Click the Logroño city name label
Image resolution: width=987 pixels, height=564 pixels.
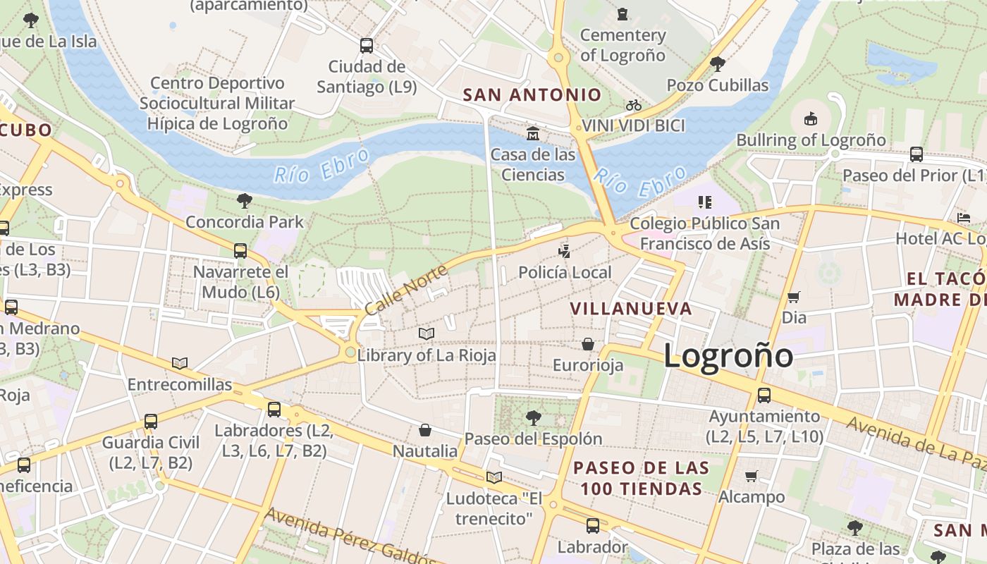728,355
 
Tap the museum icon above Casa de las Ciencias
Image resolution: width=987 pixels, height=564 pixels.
533,133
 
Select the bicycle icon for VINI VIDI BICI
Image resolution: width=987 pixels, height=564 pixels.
634,105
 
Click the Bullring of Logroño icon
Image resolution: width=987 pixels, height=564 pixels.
811,118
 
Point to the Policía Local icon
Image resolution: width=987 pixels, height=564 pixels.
565,251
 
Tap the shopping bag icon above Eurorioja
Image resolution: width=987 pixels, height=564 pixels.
588,344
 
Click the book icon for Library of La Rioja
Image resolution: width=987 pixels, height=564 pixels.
427,333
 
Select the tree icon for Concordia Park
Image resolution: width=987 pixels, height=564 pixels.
245,201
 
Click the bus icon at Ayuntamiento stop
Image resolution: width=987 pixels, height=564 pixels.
764,396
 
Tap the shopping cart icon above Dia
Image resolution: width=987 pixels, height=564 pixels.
794,297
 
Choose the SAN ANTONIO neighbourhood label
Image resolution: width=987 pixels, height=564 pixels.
532,94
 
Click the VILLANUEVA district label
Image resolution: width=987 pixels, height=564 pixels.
631,309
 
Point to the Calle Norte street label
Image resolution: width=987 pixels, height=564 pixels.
406,290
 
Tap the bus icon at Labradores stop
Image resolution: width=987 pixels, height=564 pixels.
274,409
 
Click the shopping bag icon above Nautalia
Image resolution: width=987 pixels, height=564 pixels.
425,430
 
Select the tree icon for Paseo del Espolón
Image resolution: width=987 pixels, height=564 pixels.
534,418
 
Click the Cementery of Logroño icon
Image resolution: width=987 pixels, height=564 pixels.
623,14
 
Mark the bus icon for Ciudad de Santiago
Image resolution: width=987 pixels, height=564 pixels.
367,46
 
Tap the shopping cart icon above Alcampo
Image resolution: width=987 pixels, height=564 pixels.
752,476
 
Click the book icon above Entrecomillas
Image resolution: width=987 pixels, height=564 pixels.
180,363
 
